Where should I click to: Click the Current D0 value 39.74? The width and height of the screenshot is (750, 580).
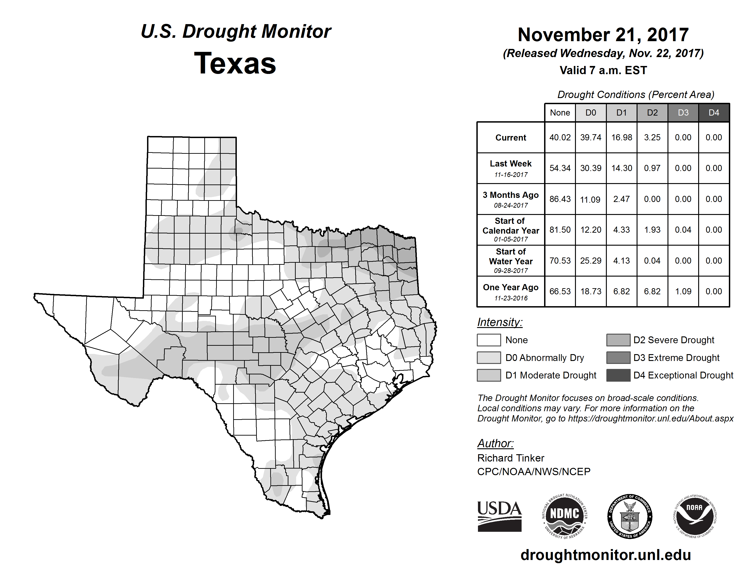591,137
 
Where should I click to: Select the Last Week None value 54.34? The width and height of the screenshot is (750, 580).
560,168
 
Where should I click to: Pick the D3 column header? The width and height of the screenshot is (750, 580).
683,113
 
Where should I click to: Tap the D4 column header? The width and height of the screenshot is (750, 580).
714,113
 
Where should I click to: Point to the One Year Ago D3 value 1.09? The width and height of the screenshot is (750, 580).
683,291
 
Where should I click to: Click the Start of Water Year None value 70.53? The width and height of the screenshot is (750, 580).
560,260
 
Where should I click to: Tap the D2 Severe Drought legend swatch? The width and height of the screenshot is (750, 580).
618,340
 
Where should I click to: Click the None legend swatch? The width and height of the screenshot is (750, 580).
489,340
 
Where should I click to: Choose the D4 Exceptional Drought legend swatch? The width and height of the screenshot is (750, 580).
618,375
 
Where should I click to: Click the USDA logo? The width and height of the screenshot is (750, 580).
499,516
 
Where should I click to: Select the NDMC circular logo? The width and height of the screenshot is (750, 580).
565,516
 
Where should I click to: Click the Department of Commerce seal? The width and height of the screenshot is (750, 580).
630,516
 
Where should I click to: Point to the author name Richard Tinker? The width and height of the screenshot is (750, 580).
511,458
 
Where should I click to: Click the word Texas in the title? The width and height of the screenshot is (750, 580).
235,63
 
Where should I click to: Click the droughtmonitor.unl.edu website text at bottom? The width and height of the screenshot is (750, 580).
606,555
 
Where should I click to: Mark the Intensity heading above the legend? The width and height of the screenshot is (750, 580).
500,322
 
